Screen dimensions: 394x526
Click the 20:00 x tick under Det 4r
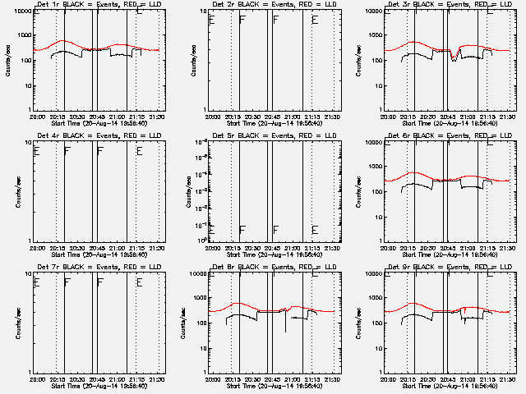click(37, 248)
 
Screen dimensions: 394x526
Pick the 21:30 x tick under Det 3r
click(507, 117)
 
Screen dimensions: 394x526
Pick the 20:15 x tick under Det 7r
click(58, 379)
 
